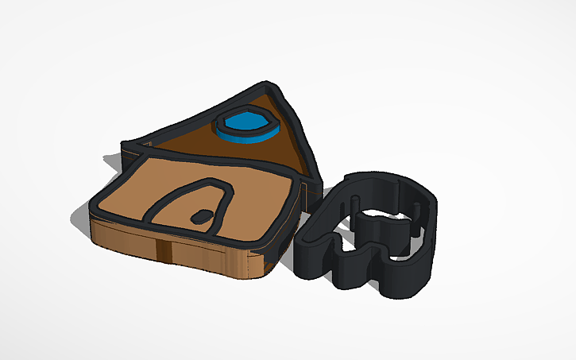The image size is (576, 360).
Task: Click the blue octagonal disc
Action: pos(245,126)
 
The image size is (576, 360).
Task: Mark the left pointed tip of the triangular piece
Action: pos(127,145)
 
